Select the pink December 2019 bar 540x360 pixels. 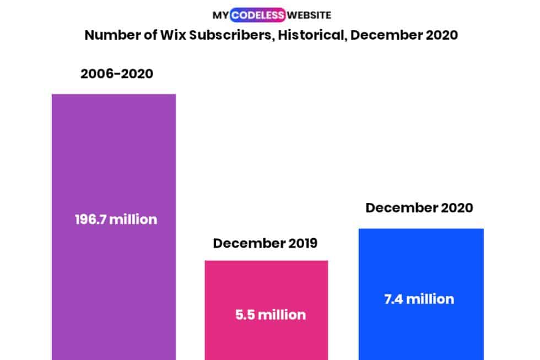pos(266,287)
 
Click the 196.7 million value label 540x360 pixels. pos(116,219)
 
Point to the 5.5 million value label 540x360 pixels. pos(271,315)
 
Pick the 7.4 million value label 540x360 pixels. pos(419,299)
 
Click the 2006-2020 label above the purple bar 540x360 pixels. pos(117,73)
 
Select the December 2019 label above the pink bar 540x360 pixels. pos(265,243)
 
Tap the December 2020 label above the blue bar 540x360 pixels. pos(419,208)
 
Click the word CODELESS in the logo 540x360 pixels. pos(258,15)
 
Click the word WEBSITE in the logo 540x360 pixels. pos(309,15)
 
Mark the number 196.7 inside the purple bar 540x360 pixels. pos(90,219)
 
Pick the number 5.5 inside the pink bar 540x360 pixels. pos(245,315)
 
